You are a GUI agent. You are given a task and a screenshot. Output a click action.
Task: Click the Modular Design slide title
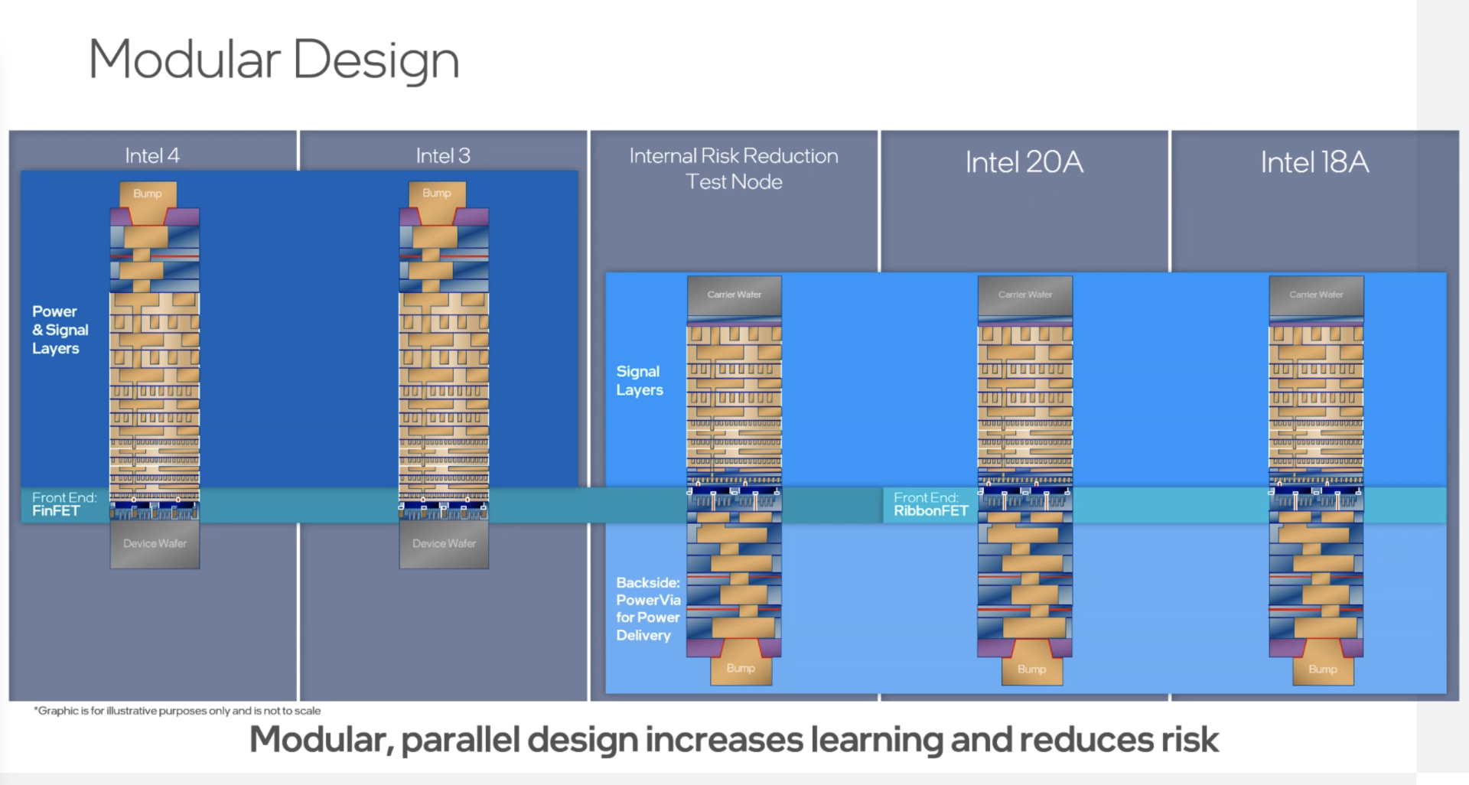[x=273, y=60]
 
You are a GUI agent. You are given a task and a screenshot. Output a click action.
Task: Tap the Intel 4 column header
[x=152, y=156]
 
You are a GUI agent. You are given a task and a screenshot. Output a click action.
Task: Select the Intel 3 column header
[x=443, y=156]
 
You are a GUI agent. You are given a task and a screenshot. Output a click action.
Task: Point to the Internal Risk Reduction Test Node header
[x=734, y=168]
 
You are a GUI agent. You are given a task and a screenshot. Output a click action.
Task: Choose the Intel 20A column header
[x=1024, y=162]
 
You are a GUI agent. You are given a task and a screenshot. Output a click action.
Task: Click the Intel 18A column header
[x=1314, y=162]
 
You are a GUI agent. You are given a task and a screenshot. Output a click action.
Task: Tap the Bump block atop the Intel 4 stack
[x=148, y=194]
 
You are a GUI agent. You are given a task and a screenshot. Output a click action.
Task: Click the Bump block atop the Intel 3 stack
[x=437, y=194]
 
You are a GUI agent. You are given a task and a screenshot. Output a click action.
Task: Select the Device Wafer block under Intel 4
[x=155, y=544]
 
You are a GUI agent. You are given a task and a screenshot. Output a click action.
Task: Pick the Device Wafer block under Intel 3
[x=444, y=544]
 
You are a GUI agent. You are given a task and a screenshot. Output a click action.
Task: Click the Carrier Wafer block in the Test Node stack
[x=734, y=295]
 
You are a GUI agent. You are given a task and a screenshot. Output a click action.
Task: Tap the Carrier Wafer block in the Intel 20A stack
[x=1025, y=295]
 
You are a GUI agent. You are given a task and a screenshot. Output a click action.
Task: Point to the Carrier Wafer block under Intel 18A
[x=1316, y=295]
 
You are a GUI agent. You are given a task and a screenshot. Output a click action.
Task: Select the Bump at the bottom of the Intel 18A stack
[x=1323, y=669]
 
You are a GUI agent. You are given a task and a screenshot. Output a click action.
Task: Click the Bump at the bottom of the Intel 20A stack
[x=1031, y=669]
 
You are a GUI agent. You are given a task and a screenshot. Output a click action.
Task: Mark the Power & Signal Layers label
[x=60, y=330]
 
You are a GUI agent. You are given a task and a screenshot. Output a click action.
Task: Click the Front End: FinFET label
[x=64, y=504]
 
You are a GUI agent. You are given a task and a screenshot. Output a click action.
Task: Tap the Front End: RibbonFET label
[x=930, y=504]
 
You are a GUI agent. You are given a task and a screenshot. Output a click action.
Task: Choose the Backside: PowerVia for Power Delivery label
[x=647, y=609]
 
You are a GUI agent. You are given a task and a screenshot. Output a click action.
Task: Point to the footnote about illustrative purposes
[x=178, y=711]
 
